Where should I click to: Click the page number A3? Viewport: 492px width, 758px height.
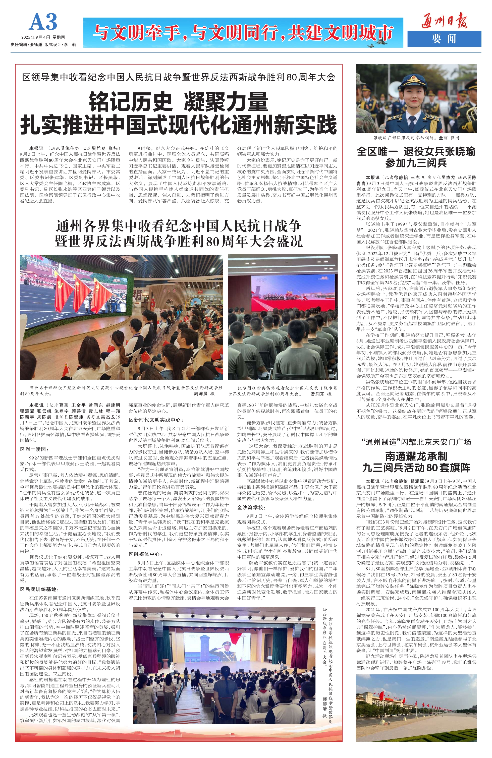43,22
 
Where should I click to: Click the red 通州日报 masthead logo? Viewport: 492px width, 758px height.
444,21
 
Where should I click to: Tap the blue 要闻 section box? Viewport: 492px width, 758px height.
444,39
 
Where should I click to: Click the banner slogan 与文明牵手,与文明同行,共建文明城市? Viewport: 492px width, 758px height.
243,33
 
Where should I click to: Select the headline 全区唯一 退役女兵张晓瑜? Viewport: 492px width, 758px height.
416,152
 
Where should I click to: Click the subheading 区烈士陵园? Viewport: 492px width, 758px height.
34,449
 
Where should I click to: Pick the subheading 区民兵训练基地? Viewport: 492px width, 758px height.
39,589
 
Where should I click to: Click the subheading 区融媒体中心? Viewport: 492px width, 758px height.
145,554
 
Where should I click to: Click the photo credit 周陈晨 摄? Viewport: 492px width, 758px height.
204,394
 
